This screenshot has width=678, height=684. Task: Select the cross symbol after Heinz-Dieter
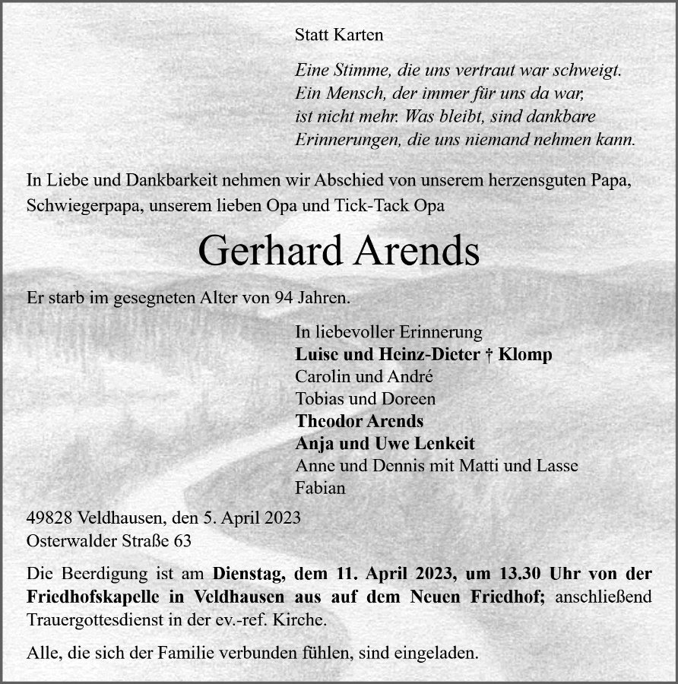487,355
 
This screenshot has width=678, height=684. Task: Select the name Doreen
410,399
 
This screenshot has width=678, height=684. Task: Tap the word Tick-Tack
380,205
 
